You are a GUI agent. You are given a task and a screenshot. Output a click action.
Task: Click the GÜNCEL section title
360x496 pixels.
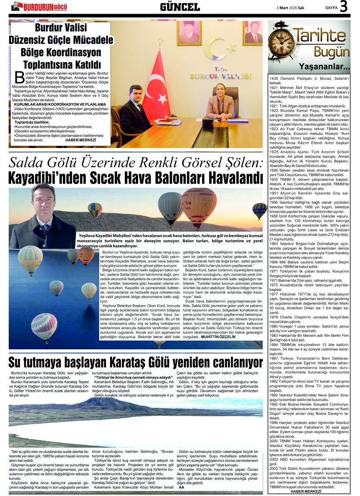(x=180, y=7)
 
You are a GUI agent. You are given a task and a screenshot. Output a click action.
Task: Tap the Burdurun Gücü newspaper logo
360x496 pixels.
(x=39, y=6)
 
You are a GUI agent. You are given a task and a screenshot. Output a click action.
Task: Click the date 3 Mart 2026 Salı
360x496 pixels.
(x=291, y=7)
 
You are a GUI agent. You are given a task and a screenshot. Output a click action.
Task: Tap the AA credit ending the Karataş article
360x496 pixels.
(x=181, y=487)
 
